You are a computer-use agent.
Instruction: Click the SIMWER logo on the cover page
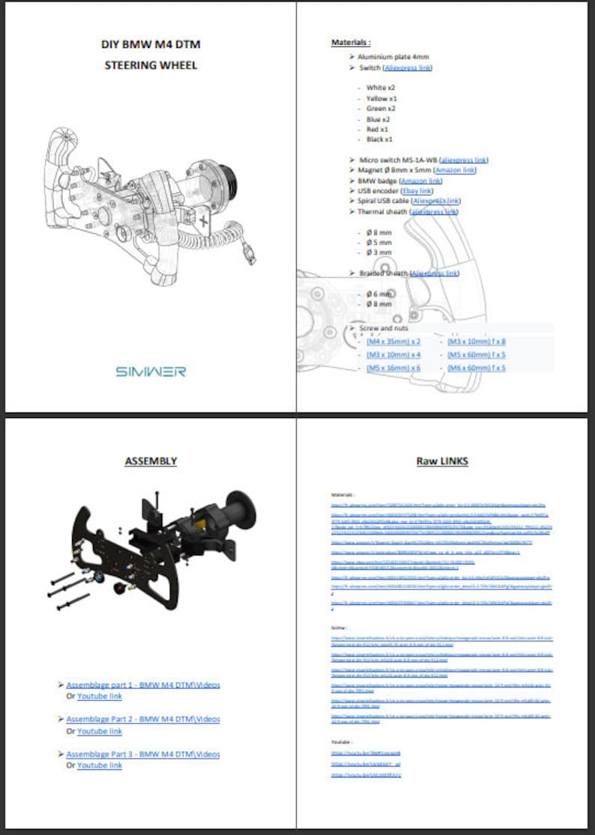tap(151, 371)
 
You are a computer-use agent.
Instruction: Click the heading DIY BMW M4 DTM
tap(151, 44)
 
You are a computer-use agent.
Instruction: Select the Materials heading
tap(351, 43)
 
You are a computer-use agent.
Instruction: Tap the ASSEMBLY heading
tap(151, 461)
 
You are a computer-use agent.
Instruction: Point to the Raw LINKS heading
tap(442, 461)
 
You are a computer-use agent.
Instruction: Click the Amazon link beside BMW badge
tap(421, 180)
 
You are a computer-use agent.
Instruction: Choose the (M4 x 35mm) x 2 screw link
tap(393, 341)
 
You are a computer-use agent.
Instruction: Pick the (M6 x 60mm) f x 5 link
tap(476, 368)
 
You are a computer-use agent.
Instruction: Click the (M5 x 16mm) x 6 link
tap(393, 368)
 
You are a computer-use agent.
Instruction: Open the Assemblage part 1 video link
tap(143, 684)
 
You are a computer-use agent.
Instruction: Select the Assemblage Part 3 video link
tap(143, 754)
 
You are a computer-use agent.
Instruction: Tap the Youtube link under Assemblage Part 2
tap(99, 731)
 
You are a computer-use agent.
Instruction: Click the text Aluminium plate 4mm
tap(393, 57)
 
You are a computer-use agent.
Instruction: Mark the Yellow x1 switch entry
tap(381, 98)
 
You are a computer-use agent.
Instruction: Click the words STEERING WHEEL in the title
tap(151, 65)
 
